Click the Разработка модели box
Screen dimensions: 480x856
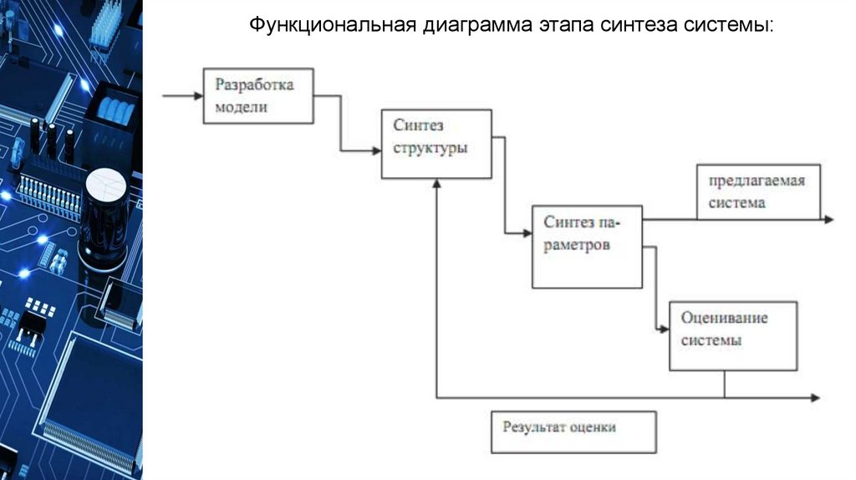point(259,96)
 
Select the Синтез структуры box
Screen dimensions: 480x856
point(436,144)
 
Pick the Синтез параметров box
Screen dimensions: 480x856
point(587,247)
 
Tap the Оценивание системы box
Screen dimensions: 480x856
point(733,335)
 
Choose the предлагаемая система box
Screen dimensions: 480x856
point(757,192)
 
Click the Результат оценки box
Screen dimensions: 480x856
point(573,431)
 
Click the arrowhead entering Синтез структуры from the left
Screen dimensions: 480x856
point(376,151)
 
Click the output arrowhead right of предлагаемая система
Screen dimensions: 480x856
point(828,219)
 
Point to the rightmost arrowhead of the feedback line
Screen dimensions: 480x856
point(816,397)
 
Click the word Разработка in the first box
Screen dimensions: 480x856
point(254,85)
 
